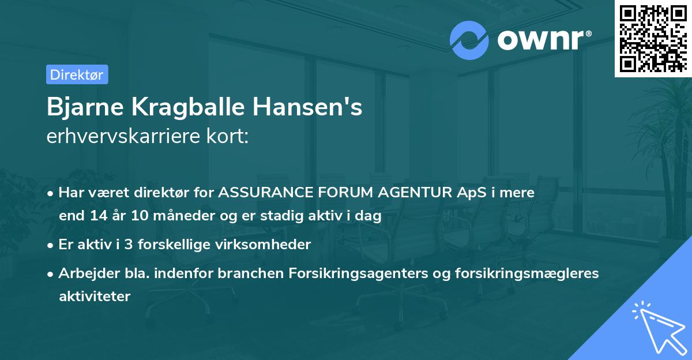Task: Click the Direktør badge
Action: (77, 74)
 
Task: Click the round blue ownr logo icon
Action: (469, 40)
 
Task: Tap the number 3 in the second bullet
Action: (129, 245)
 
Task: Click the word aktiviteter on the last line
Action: (95, 297)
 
